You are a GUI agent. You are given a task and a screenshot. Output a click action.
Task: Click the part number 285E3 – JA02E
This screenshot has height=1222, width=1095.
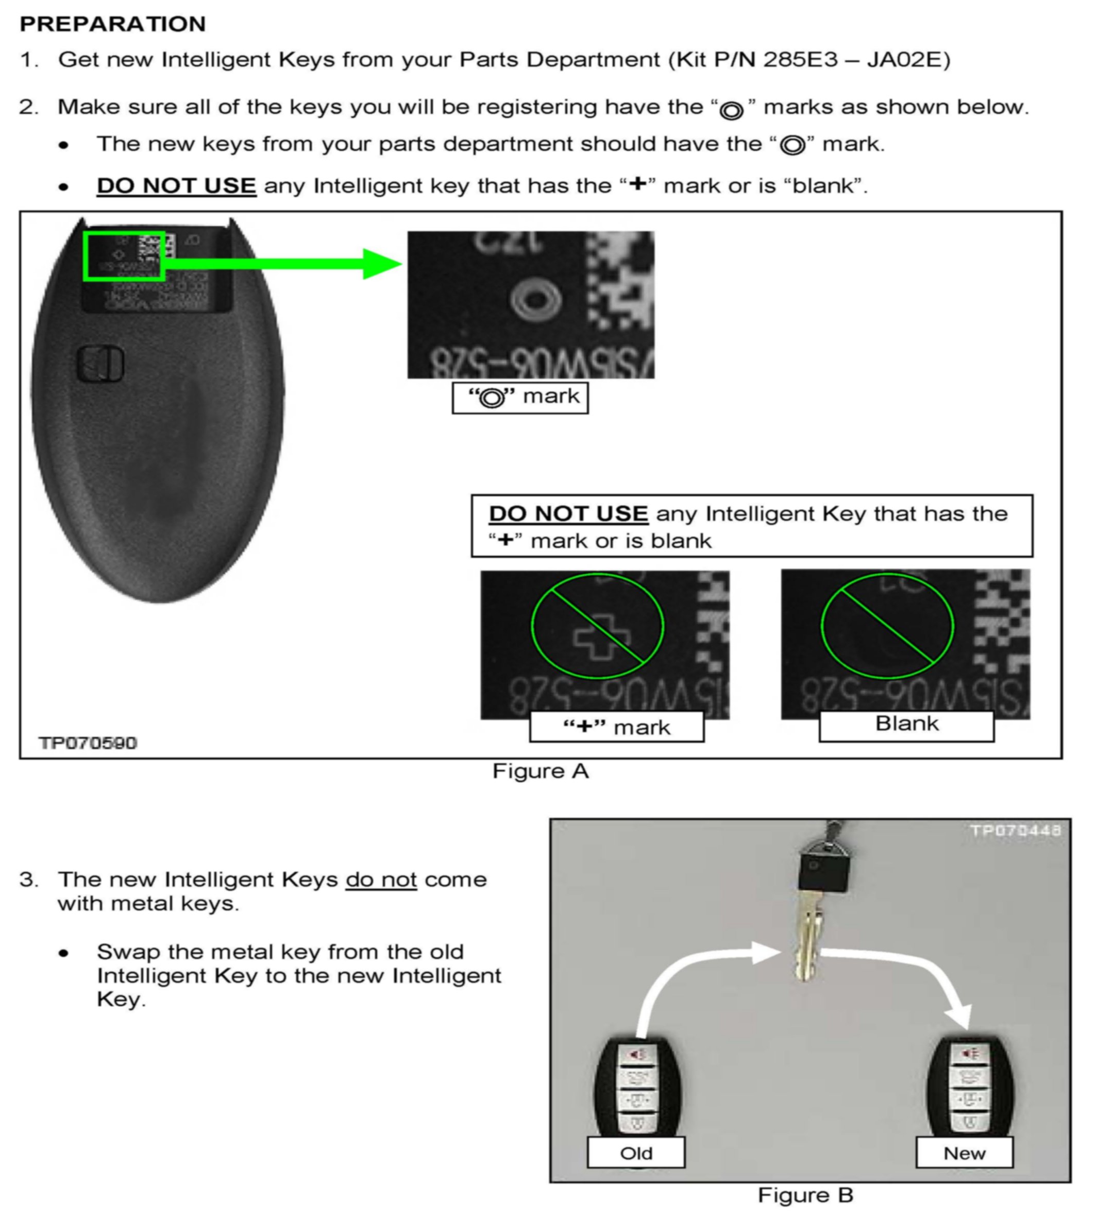(856, 60)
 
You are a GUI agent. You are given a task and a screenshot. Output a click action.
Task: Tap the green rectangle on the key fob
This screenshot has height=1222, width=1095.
(124, 256)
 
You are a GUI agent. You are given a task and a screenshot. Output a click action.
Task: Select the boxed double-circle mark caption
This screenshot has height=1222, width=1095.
(520, 398)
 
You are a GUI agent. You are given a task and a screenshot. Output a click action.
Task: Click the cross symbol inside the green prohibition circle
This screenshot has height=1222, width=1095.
(602, 638)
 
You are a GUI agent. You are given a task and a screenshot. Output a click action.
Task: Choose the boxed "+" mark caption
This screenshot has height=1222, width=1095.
(617, 727)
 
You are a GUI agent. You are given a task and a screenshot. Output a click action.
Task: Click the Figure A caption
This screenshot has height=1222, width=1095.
(540, 771)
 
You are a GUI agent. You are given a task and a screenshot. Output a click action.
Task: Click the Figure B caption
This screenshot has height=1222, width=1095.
(805, 1195)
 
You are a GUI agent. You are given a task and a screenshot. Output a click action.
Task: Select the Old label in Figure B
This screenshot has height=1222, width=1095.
(636, 1152)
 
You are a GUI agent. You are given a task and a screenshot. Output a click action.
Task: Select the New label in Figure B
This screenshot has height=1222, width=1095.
(965, 1152)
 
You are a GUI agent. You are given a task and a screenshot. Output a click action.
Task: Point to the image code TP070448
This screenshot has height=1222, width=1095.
(1016, 831)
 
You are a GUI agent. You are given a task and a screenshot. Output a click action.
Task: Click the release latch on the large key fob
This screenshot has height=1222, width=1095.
(100, 363)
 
